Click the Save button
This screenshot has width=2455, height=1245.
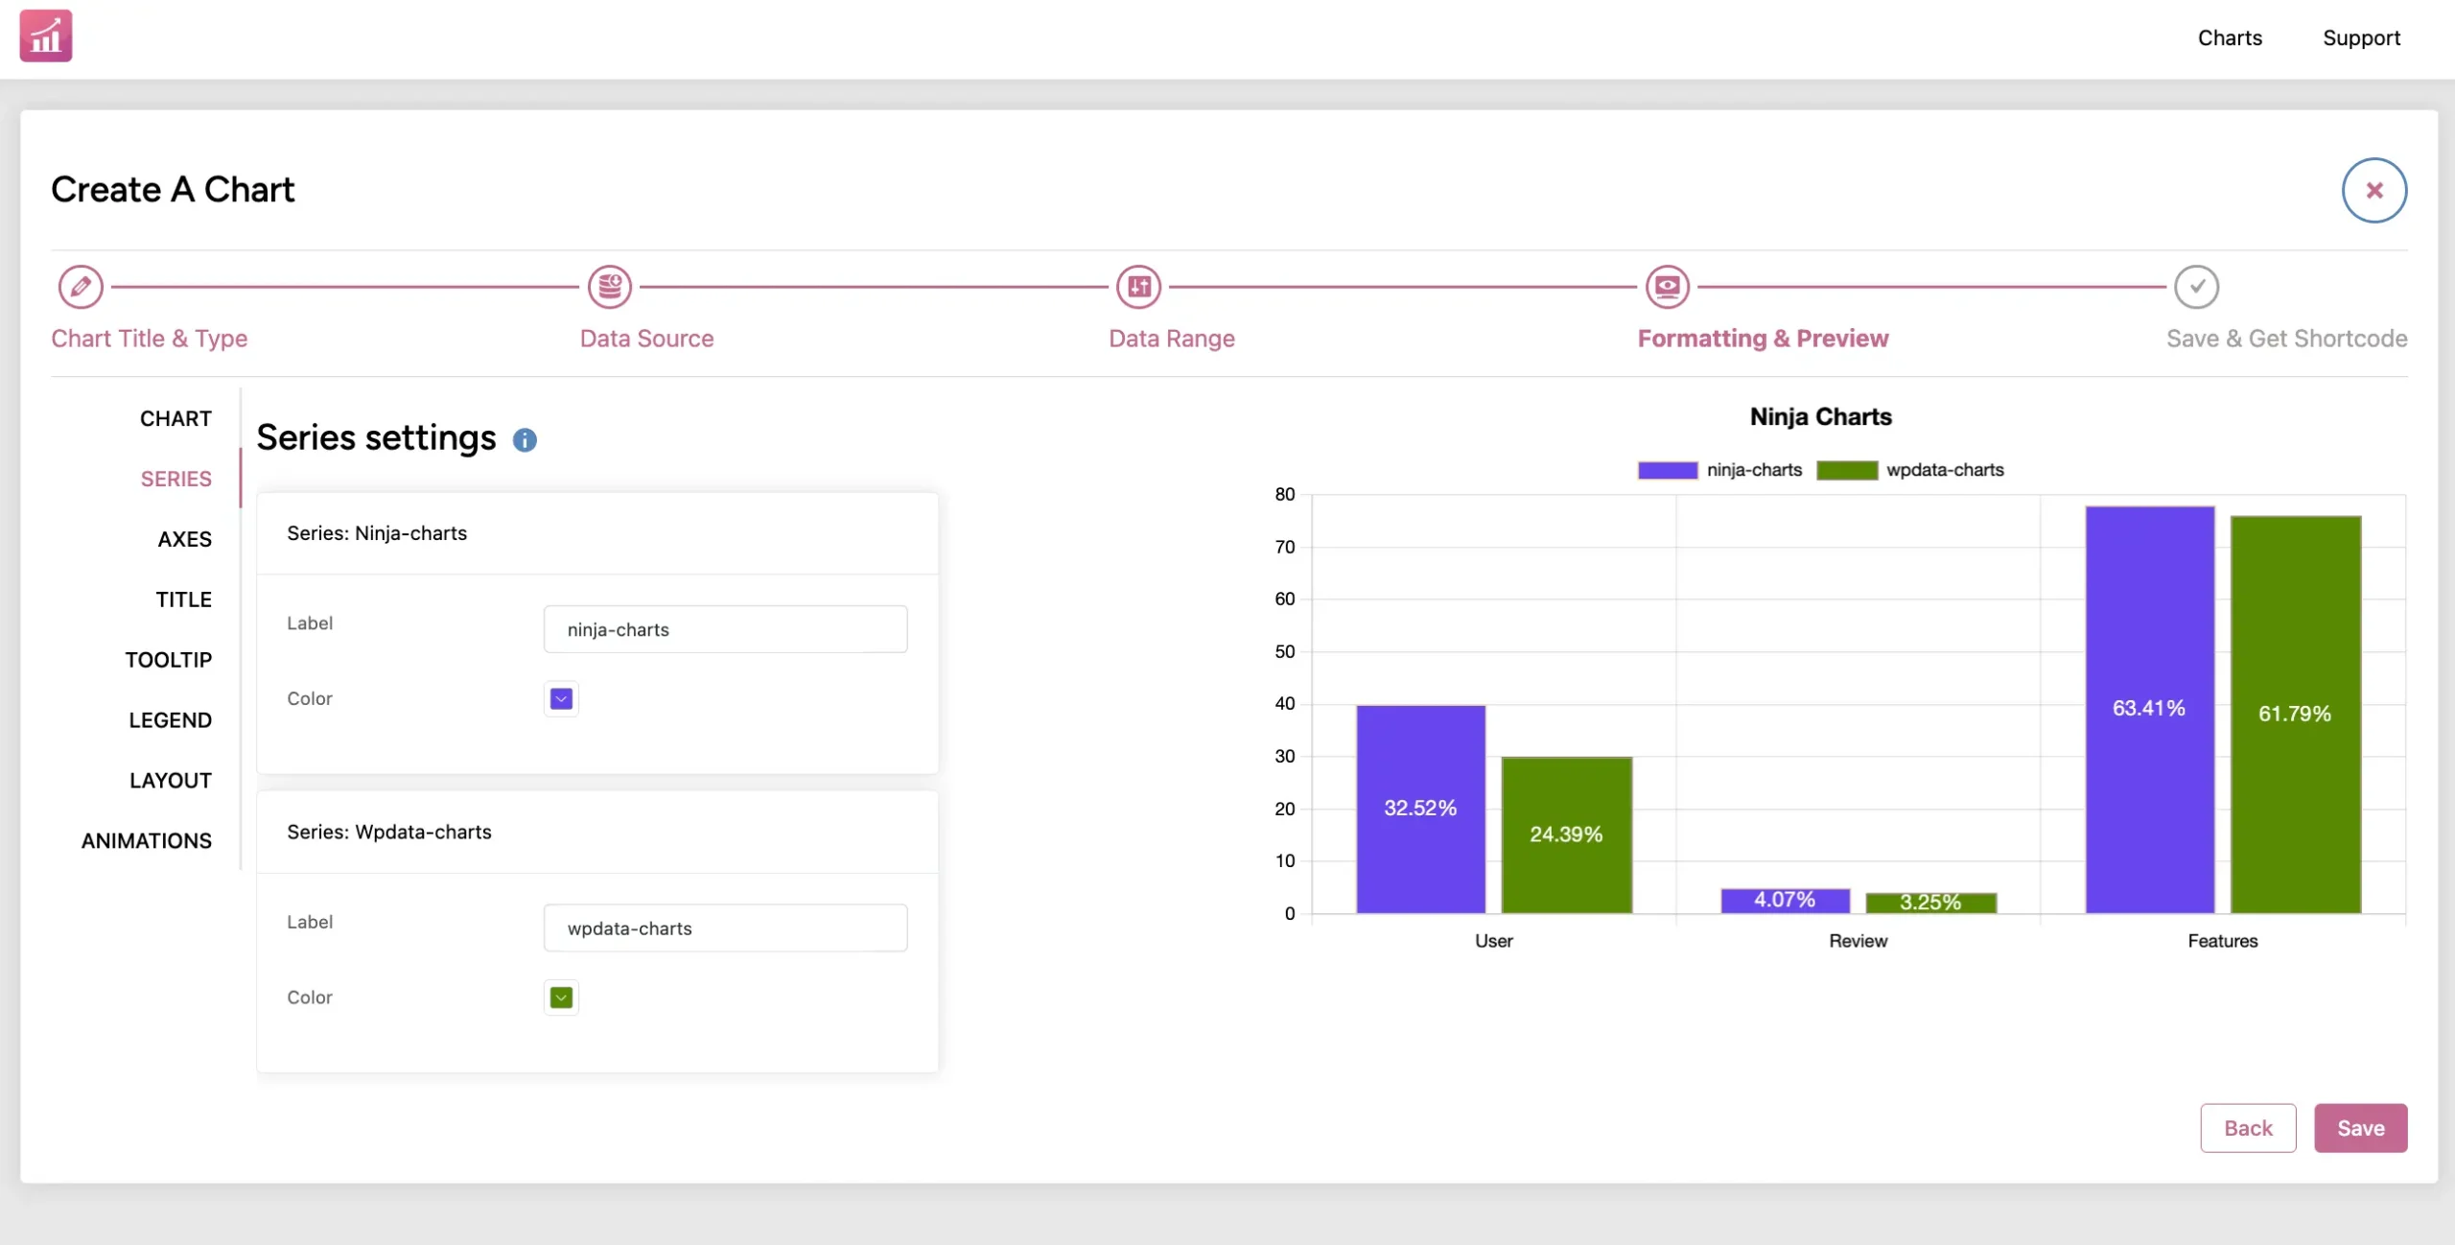point(2360,1128)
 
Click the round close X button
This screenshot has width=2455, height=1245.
point(2374,190)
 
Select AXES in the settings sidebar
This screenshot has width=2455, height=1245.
point(185,539)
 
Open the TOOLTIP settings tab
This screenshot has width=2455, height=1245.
point(169,660)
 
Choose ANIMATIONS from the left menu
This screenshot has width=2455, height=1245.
point(147,841)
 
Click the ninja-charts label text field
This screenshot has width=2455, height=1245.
point(725,629)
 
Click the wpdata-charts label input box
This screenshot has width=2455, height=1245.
point(725,928)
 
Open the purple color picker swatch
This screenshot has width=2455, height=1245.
point(562,699)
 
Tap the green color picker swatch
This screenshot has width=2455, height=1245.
point(562,998)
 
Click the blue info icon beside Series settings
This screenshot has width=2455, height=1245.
point(525,440)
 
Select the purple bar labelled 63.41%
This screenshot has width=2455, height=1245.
point(2150,710)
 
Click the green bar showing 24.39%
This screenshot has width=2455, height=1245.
point(1567,835)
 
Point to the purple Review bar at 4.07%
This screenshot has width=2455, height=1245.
point(1786,901)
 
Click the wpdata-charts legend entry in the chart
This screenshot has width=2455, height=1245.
point(1910,470)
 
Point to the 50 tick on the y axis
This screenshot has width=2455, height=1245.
point(1285,652)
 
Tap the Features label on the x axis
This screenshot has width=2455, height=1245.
point(2223,941)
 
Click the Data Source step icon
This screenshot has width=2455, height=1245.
point(610,287)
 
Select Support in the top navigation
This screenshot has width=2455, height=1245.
point(2361,38)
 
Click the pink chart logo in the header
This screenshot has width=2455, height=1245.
point(46,35)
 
